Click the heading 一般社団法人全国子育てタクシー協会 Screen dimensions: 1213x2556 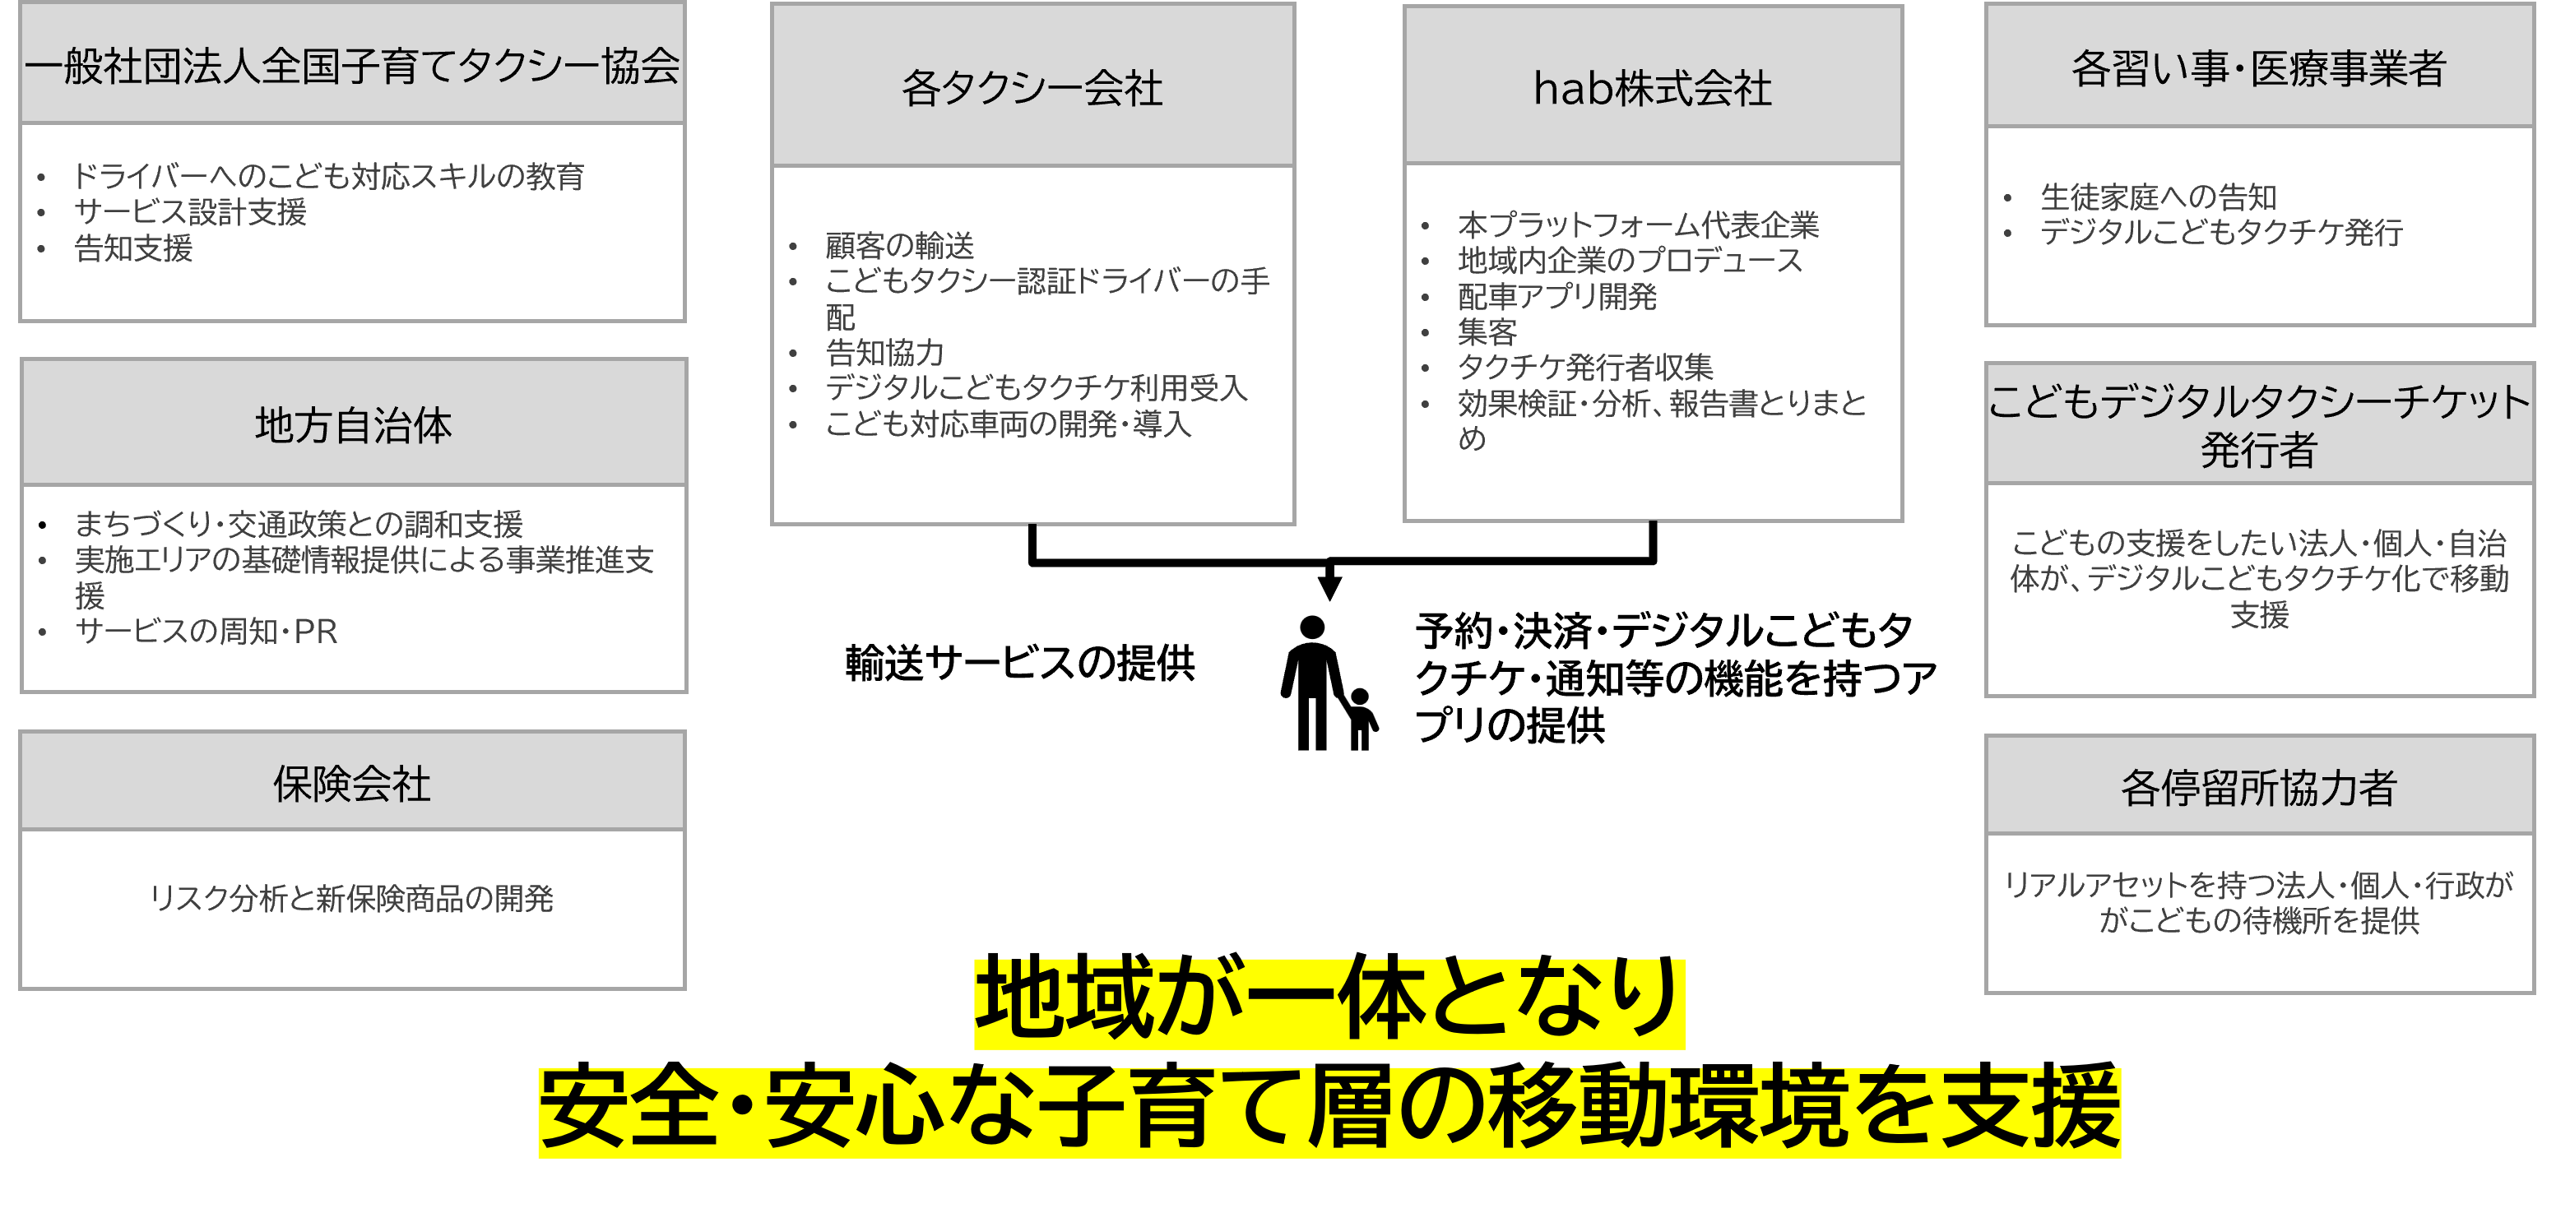point(352,67)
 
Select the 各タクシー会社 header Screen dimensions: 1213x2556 point(1032,88)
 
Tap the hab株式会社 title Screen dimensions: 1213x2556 point(1652,88)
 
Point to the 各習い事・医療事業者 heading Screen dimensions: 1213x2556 point(2258,68)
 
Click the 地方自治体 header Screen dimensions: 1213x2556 point(353,425)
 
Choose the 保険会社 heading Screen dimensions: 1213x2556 point(352,785)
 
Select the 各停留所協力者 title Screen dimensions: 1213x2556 point(2258,789)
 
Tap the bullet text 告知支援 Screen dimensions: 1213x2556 point(133,248)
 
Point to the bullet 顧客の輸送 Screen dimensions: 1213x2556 point(899,245)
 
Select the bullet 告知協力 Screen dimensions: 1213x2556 point(884,352)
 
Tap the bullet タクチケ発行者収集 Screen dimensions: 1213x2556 point(1584,367)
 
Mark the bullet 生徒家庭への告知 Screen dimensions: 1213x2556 point(2158,197)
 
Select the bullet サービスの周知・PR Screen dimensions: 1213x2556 point(206,632)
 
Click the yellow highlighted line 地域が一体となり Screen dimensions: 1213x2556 point(1329,1002)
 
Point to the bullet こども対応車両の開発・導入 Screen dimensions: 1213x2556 point(1007,424)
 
